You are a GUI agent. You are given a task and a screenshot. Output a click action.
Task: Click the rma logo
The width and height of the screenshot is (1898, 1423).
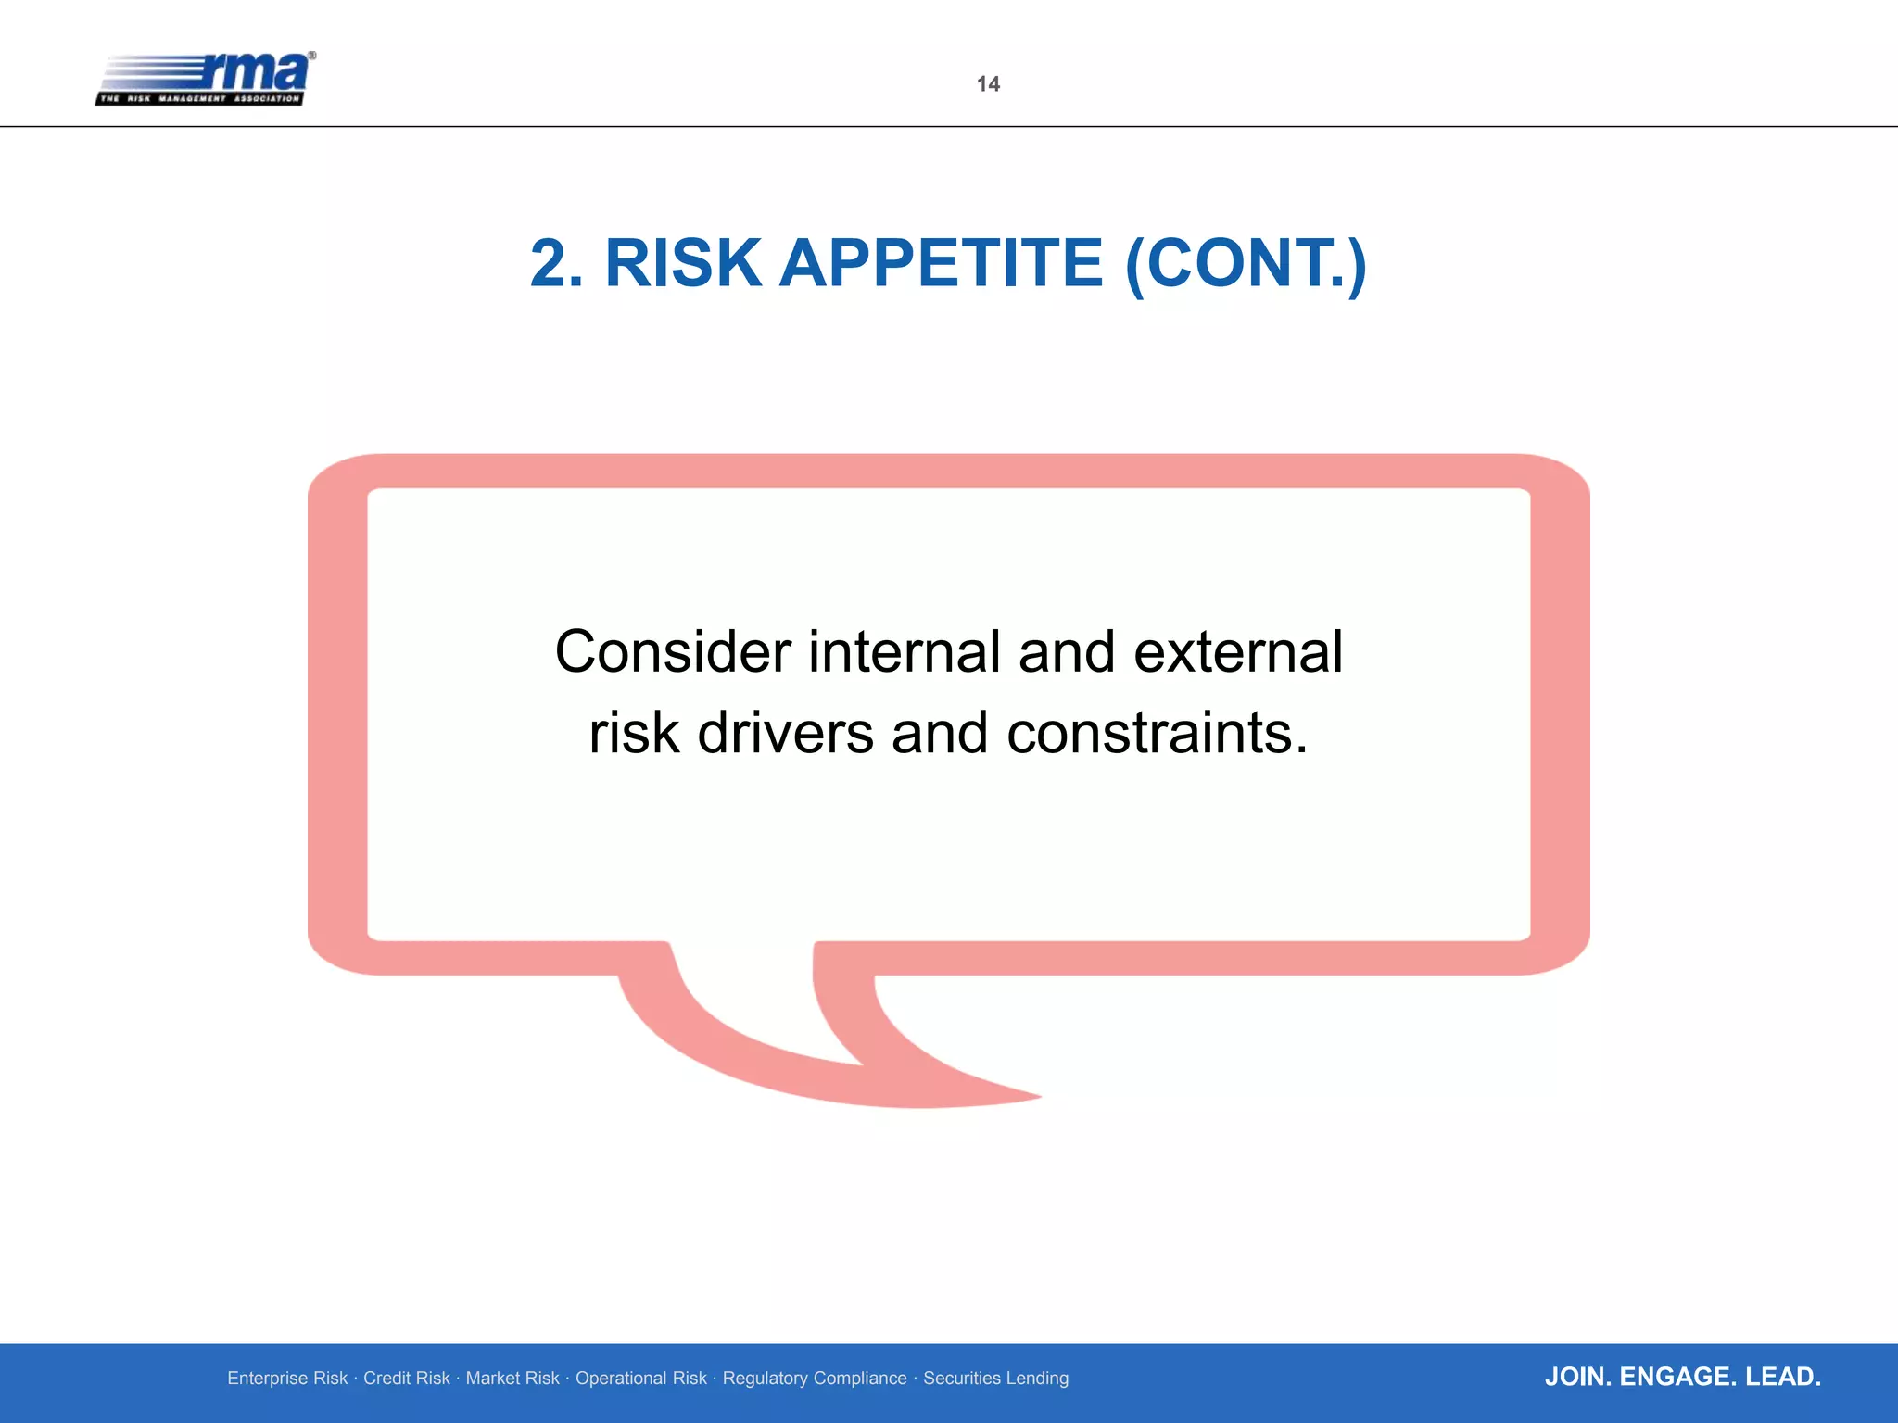point(205,79)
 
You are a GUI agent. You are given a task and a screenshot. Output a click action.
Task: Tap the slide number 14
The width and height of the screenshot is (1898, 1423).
point(988,84)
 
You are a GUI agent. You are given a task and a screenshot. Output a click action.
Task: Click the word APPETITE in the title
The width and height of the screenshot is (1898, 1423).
point(942,263)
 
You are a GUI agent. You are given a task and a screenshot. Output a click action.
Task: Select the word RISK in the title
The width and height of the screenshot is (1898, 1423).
point(682,263)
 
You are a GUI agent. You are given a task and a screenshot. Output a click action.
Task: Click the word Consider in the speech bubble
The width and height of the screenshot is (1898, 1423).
point(673,651)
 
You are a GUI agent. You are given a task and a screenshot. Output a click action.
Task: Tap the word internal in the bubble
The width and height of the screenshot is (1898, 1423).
point(905,651)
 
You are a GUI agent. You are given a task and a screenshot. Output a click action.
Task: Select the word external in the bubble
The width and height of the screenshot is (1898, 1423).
point(1237,651)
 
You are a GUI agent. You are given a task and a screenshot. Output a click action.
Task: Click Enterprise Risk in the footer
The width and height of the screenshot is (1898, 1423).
point(287,1379)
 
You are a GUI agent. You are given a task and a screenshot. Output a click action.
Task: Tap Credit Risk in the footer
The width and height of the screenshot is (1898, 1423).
point(406,1379)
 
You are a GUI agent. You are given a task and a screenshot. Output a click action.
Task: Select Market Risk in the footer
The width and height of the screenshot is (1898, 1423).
point(512,1379)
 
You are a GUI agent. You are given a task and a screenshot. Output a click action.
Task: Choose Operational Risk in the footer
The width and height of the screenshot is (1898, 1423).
point(640,1379)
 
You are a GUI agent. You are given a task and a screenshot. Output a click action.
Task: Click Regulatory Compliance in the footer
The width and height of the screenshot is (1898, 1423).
point(815,1379)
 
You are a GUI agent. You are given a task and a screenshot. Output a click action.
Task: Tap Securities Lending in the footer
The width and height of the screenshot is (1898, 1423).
point(995,1379)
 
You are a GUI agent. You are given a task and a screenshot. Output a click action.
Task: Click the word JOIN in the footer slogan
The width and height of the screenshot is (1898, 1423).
point(1578,1377)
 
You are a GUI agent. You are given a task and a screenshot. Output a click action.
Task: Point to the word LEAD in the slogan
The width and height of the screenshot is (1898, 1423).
point(1782,1377)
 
